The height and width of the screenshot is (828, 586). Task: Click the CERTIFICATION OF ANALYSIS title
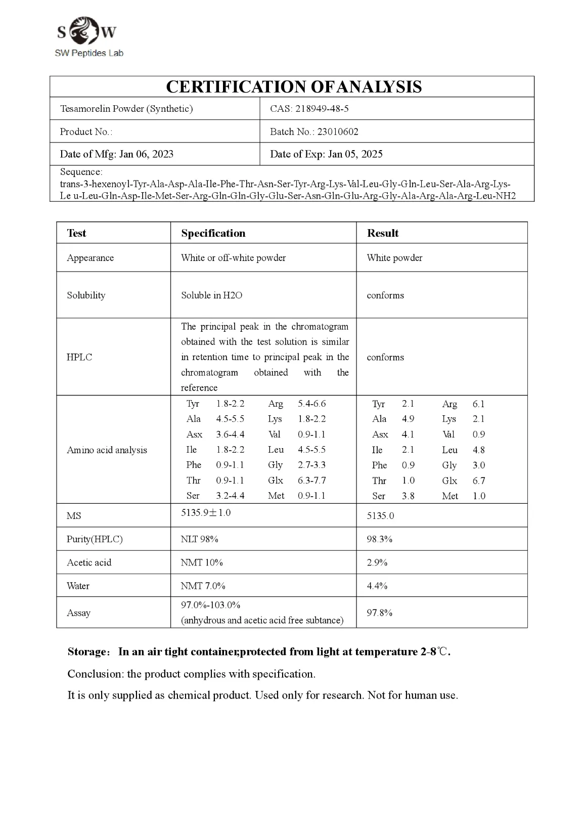(x=293, y=87)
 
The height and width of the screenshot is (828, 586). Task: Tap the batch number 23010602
(x=338, y=132)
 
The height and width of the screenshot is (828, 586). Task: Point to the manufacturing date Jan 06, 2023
(x=146, y=154)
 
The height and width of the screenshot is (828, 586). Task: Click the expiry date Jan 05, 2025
(x=355, y=154)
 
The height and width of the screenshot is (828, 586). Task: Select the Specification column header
(x=213, y=233)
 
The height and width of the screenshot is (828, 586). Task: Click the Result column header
(x=383, y=233)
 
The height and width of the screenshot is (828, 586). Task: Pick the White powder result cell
(x=394, y=258)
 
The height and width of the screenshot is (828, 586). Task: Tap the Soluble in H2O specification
(x=211, y=295)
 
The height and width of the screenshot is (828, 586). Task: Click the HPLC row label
(x=79, y=357)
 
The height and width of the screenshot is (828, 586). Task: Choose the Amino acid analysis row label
(x=107, y=450)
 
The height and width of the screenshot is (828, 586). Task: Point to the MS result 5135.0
(x=380, y=516)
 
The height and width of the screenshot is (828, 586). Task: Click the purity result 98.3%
(x=379, y=539)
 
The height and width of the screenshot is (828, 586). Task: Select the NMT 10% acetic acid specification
(x=202, y=562)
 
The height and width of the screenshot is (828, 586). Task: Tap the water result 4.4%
(x=377, y=586)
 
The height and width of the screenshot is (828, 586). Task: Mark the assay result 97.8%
(x=379, y=613)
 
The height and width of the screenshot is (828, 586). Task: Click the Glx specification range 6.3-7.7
(x=311, y=481)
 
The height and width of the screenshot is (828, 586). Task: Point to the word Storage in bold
(x=86, y=652)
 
